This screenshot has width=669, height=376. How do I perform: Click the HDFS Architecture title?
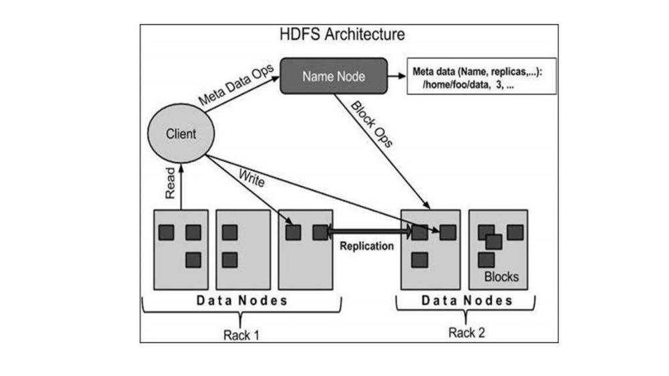(x=342, y=34)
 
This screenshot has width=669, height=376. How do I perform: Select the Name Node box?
(x=334, y=76)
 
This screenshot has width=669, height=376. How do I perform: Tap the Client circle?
(x=181, y=134)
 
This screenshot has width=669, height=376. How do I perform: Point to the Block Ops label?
(x=371, y=124)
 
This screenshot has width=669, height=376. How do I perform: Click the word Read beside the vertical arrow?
(x=170, y=183)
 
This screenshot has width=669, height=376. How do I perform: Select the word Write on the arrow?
(x=252, y=178)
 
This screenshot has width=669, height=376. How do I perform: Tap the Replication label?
(x=367, y=246)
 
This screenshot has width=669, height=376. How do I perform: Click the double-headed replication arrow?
(x=369, y=231)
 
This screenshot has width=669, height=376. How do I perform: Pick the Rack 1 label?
(x=241, y=335)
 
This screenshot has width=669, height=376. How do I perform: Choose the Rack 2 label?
(x=467, y=333)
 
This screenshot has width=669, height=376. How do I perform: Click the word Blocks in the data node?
(x=501, y=277)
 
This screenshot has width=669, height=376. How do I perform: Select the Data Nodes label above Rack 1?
(x=242, y=300)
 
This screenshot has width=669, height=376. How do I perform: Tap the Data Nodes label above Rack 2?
(x=467, y=300)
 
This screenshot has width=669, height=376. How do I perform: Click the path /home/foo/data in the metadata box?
(x=455, y=85)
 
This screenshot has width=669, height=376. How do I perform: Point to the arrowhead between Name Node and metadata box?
(x=401, y=76)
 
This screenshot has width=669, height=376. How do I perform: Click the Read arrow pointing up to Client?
(x=181, y=187)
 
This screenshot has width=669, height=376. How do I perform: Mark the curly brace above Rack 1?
(x=242, y=312)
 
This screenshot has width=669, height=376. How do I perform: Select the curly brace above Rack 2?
(x=466, y=310)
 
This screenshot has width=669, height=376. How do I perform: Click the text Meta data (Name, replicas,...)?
(x=477, y=72)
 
